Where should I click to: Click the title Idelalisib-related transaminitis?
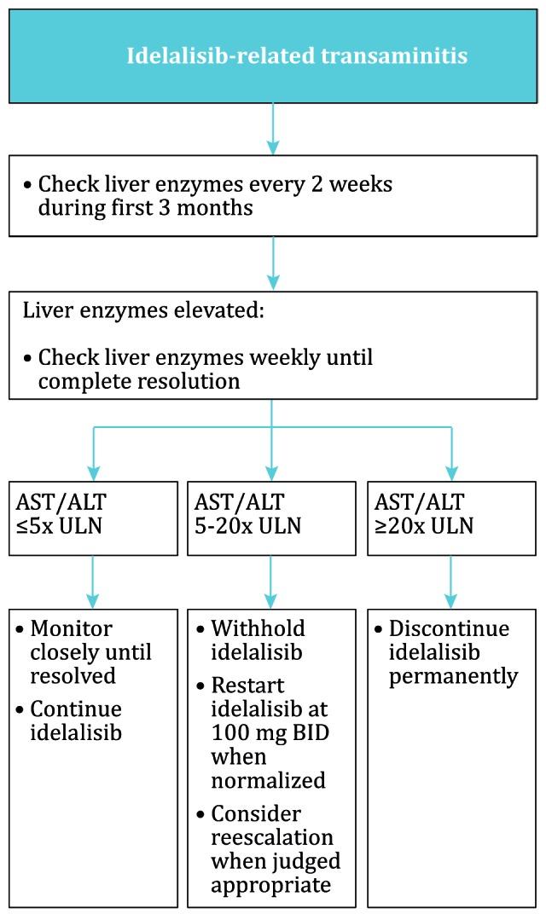click(x=297, y=56)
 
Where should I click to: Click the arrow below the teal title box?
click(x=273, y=128)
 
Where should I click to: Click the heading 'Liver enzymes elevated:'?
click(x=143, y=310)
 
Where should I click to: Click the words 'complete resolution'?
click(x=139, y=380)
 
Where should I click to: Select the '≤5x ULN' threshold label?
click(x=59, y=526)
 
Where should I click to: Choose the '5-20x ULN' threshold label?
click(x=247, y=526)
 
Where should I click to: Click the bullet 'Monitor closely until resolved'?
click(x=90, y=652)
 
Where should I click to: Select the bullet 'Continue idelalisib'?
click(x=77, y=720)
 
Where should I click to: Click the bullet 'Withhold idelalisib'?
click(x=258, y=640)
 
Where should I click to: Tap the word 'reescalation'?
click(x=272, y=836)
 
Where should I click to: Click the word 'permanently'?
click(x=453, y=676)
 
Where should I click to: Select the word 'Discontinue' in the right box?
click(x=449, y=629)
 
